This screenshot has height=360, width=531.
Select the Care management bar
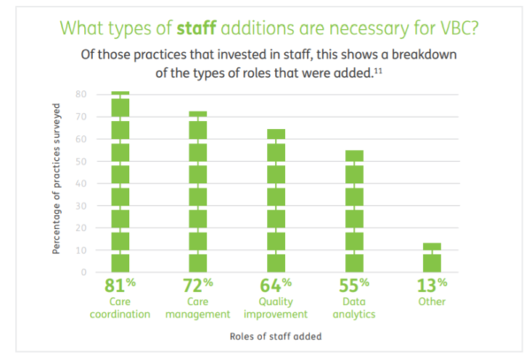(198, 191)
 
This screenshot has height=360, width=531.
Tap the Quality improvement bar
(276, 200)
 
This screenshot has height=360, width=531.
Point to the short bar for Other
(432, 257)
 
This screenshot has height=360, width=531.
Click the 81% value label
(120, 285)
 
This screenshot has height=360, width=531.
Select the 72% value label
(198, 285)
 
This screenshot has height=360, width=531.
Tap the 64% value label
(276, 285)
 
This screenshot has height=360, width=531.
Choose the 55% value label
(354, 285)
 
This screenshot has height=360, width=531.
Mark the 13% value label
(432, 285)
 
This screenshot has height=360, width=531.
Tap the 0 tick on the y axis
(82, 272)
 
